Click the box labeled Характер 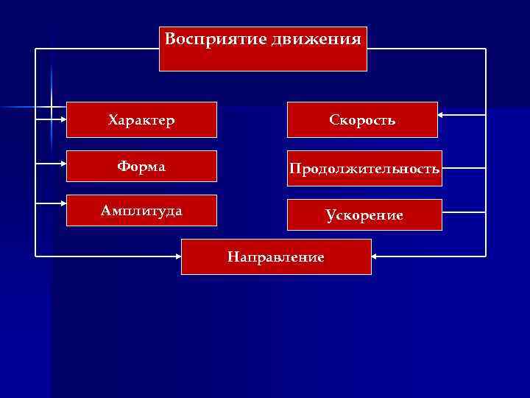click(141, 119)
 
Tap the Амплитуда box click(141, 211)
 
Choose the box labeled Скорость click(362, 119)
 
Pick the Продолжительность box click(364, 169)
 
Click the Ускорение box click(364, 215)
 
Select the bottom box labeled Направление click(276, 256)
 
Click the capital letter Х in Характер click(112, 119)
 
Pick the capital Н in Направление click(233, 256)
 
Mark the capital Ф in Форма click(122, 167)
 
